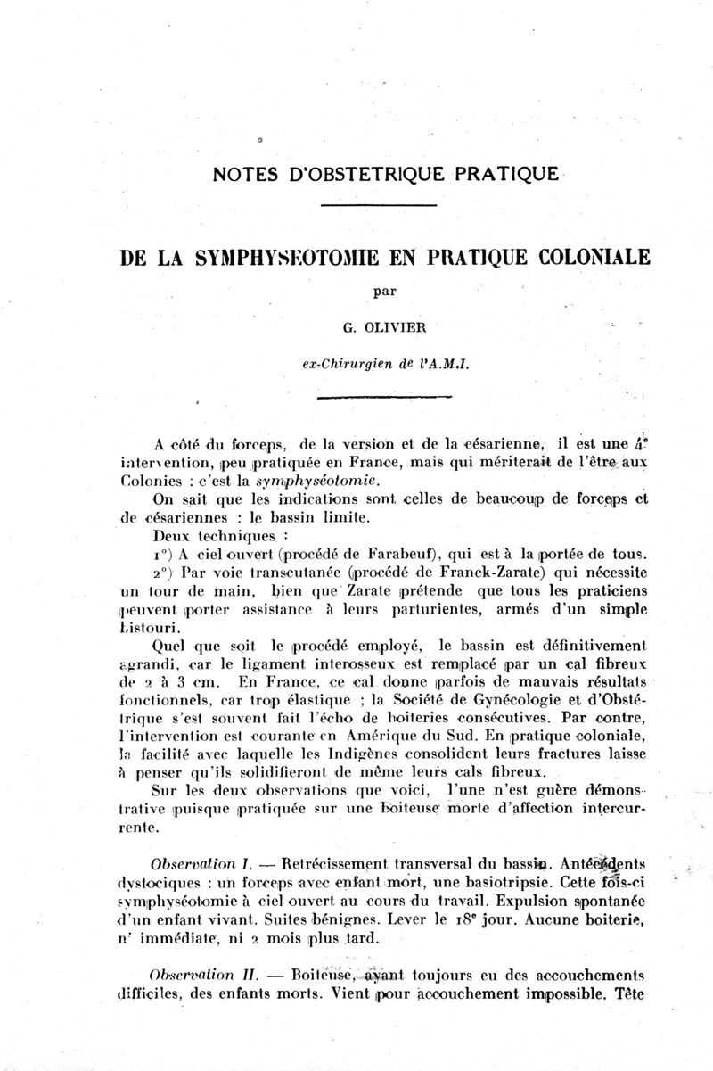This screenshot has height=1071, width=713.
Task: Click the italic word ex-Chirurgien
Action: click(343, 363)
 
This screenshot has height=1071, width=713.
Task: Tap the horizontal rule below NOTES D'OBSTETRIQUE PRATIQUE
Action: click(378, 206)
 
